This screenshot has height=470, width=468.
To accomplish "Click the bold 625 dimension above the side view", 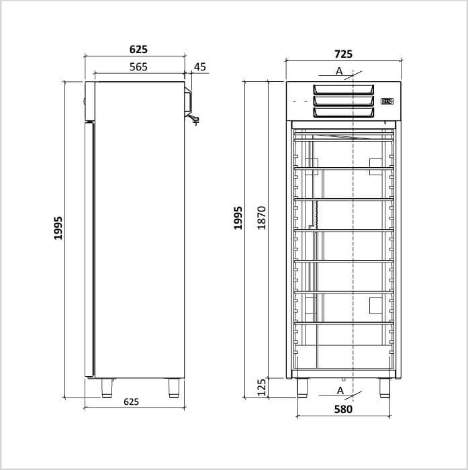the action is [138, 49].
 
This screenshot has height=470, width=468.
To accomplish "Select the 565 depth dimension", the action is [138, 67].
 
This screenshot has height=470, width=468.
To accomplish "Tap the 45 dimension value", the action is [200, 67].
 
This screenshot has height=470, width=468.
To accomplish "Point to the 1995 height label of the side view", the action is [58, 228].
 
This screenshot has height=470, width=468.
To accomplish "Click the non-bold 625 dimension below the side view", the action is [132, 402].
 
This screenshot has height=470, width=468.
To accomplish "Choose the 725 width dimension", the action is [343, 54].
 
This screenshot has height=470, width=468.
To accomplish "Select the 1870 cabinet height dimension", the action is [262, 218].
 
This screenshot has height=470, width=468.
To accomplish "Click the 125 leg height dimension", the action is [262, 387].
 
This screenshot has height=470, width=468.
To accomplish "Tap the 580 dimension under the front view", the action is [343, 409].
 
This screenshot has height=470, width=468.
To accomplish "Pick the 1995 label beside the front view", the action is [238, 218].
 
